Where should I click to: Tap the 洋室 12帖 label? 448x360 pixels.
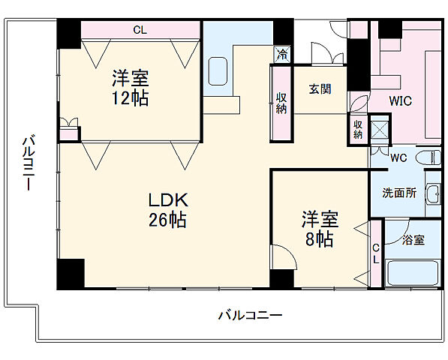pyautogui.click(x=130, y=87)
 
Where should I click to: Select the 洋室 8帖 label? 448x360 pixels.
pyautogui.click(x=320, y=229)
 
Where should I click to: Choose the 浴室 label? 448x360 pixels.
pyautogui.click(x=413, y=240)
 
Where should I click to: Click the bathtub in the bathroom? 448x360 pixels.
pyautogui.click(x=413, y=273)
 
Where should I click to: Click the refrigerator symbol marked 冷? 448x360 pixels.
pyautogui.click(x=281, y=54)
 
